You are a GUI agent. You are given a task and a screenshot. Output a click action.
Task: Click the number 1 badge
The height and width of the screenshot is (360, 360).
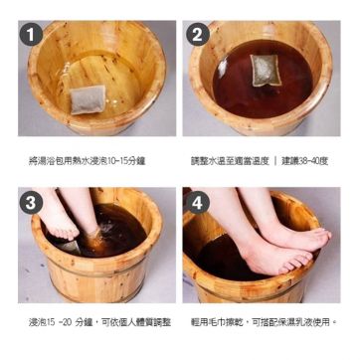click(35, 36)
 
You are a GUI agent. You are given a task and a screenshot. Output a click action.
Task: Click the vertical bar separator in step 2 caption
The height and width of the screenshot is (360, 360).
click(274, 159)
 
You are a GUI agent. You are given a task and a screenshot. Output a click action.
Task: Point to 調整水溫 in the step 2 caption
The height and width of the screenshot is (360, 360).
click(209, 159)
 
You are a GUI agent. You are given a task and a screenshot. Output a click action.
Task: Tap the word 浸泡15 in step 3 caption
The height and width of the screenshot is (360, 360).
click(42, 322)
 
